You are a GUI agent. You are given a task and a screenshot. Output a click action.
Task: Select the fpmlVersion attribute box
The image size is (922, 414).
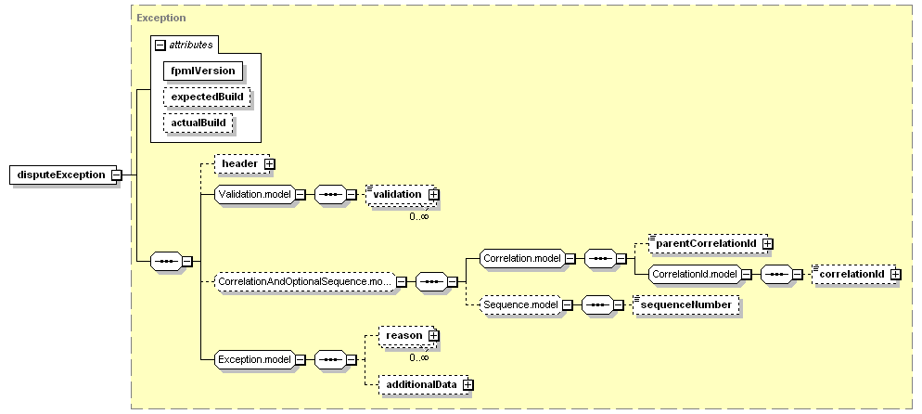point(202,71)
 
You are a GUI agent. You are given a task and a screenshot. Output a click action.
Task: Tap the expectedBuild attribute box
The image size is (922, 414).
point(208,97)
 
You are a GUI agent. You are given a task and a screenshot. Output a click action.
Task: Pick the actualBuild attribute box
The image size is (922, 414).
point(198,123)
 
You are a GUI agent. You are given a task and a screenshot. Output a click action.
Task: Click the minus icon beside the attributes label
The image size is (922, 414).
point(160,45)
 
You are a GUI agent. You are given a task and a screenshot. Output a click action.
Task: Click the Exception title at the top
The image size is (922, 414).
point(160,18)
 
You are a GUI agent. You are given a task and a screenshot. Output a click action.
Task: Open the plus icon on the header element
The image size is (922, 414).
point(270,164)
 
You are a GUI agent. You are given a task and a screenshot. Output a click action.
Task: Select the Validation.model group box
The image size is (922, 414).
point(253,195)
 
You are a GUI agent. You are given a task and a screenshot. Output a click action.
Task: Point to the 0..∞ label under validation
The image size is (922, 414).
point(419,216)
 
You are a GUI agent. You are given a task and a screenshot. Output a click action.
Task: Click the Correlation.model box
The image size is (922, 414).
point(521,259)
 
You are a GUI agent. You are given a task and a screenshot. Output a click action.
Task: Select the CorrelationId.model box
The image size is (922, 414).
point(693,274)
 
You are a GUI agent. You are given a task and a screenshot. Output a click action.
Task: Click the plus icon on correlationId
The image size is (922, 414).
point(895,274)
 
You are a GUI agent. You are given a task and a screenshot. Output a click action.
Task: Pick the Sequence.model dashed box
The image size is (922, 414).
point(520,304)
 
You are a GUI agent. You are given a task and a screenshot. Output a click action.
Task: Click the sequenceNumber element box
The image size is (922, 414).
point(685,304)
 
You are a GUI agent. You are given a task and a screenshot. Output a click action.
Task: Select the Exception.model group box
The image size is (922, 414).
point(253,358)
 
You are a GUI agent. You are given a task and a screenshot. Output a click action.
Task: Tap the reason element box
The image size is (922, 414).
point(404,336)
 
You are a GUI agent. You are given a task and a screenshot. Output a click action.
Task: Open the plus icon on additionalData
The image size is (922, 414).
point(468,384)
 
